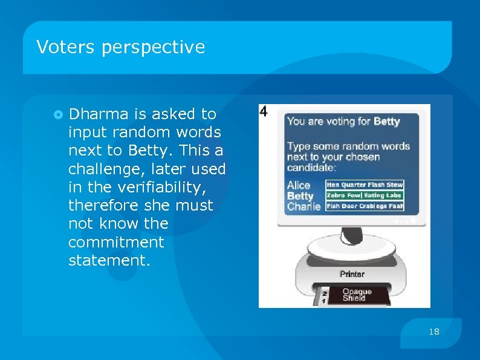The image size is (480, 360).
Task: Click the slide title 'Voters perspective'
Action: [x=121, y=47]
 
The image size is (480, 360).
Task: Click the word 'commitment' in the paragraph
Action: [x=116, y=242]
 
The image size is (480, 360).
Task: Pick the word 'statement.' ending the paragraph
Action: [x=108, y=260]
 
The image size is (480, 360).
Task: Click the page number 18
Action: [x=433, y=331]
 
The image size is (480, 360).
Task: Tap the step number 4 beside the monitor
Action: [x=264, y=111]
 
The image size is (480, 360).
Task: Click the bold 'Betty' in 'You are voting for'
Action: [x=386, y=122]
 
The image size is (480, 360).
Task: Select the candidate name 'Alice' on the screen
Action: [x=299, y=185]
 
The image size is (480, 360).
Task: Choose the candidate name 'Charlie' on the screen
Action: [x=303, y=206]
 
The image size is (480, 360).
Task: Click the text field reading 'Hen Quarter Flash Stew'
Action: [x=365, y=185]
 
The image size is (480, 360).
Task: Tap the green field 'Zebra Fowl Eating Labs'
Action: [x=365, y=195]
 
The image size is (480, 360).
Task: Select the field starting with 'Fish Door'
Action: [x=365, y=206]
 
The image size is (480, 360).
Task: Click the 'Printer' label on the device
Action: [x=352, y=274]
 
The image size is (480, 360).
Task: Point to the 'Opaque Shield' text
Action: [x=357, y=295]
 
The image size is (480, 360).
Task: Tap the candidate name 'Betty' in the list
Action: [x=300, y=196]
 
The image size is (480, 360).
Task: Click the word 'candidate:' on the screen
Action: [x=311, y=168]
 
